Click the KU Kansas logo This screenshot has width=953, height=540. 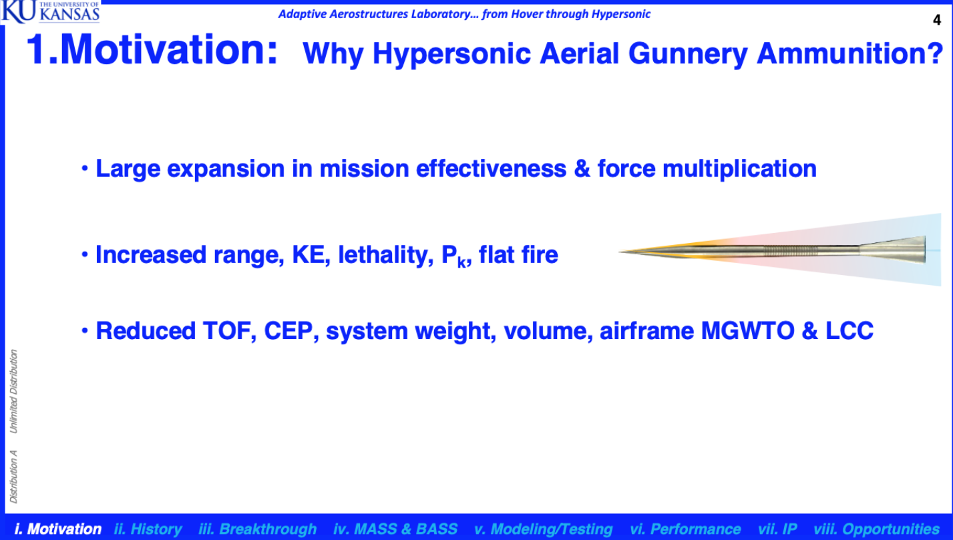click(50, 12)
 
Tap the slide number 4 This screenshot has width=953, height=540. click(937, 20)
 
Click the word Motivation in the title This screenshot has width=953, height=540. click(168, 50)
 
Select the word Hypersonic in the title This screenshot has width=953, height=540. click(451, 54)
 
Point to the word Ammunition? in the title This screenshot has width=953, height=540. click(850, 53)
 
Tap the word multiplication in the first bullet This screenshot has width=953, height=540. click(739, 170)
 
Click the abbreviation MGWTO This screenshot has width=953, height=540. click(747, 331)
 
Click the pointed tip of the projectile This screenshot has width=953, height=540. click(620, 251)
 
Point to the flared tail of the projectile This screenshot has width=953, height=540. click(892, 250)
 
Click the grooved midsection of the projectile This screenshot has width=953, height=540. click(791, 251)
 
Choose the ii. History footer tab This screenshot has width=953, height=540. click(148, 529)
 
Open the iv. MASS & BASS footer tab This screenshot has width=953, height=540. click(395, 529)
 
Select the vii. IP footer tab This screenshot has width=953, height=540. click(777, 529)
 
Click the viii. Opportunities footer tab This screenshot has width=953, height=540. click(876, 529)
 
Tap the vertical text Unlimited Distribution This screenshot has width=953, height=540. click(14, 392)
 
